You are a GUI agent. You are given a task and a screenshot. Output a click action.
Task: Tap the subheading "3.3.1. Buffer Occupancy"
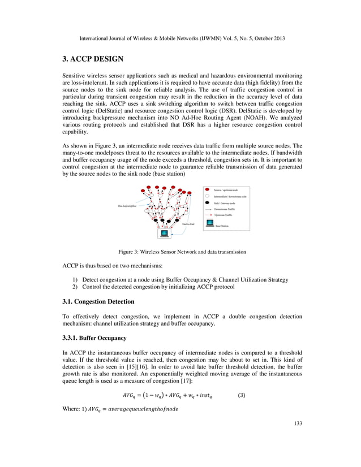point(93,338)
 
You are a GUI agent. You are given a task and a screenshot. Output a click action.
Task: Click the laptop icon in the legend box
point(209,225)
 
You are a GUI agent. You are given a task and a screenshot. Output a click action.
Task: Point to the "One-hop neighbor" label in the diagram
point(127,206)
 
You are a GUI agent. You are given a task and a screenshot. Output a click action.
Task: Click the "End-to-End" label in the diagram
point(188,224)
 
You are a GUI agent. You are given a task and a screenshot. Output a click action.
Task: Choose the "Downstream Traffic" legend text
point(225,209)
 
